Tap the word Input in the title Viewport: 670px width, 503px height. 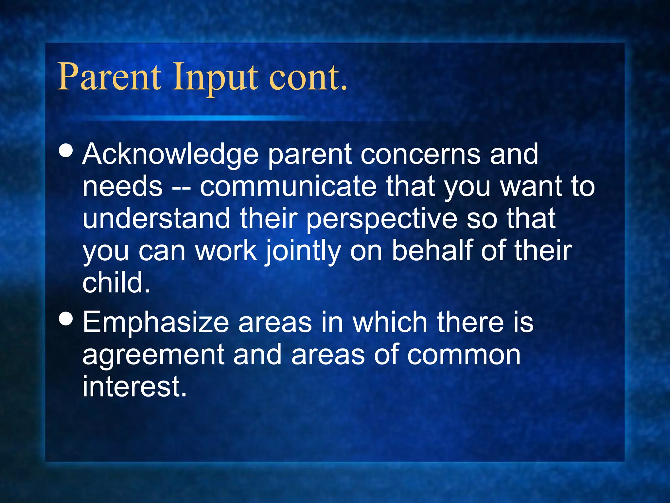click(x=215, y=79)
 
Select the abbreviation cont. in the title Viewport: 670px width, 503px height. click(x=308, y=78)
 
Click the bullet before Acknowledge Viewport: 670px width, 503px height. click(x=66, y=151)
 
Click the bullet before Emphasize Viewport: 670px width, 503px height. click(x=66, y=319)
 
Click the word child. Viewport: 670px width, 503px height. click(x=116, y=282)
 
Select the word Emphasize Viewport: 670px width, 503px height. click(x=156, y=323)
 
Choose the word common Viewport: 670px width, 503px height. click(x=464, y=355)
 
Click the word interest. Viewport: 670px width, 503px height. click(x=134, y=386)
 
